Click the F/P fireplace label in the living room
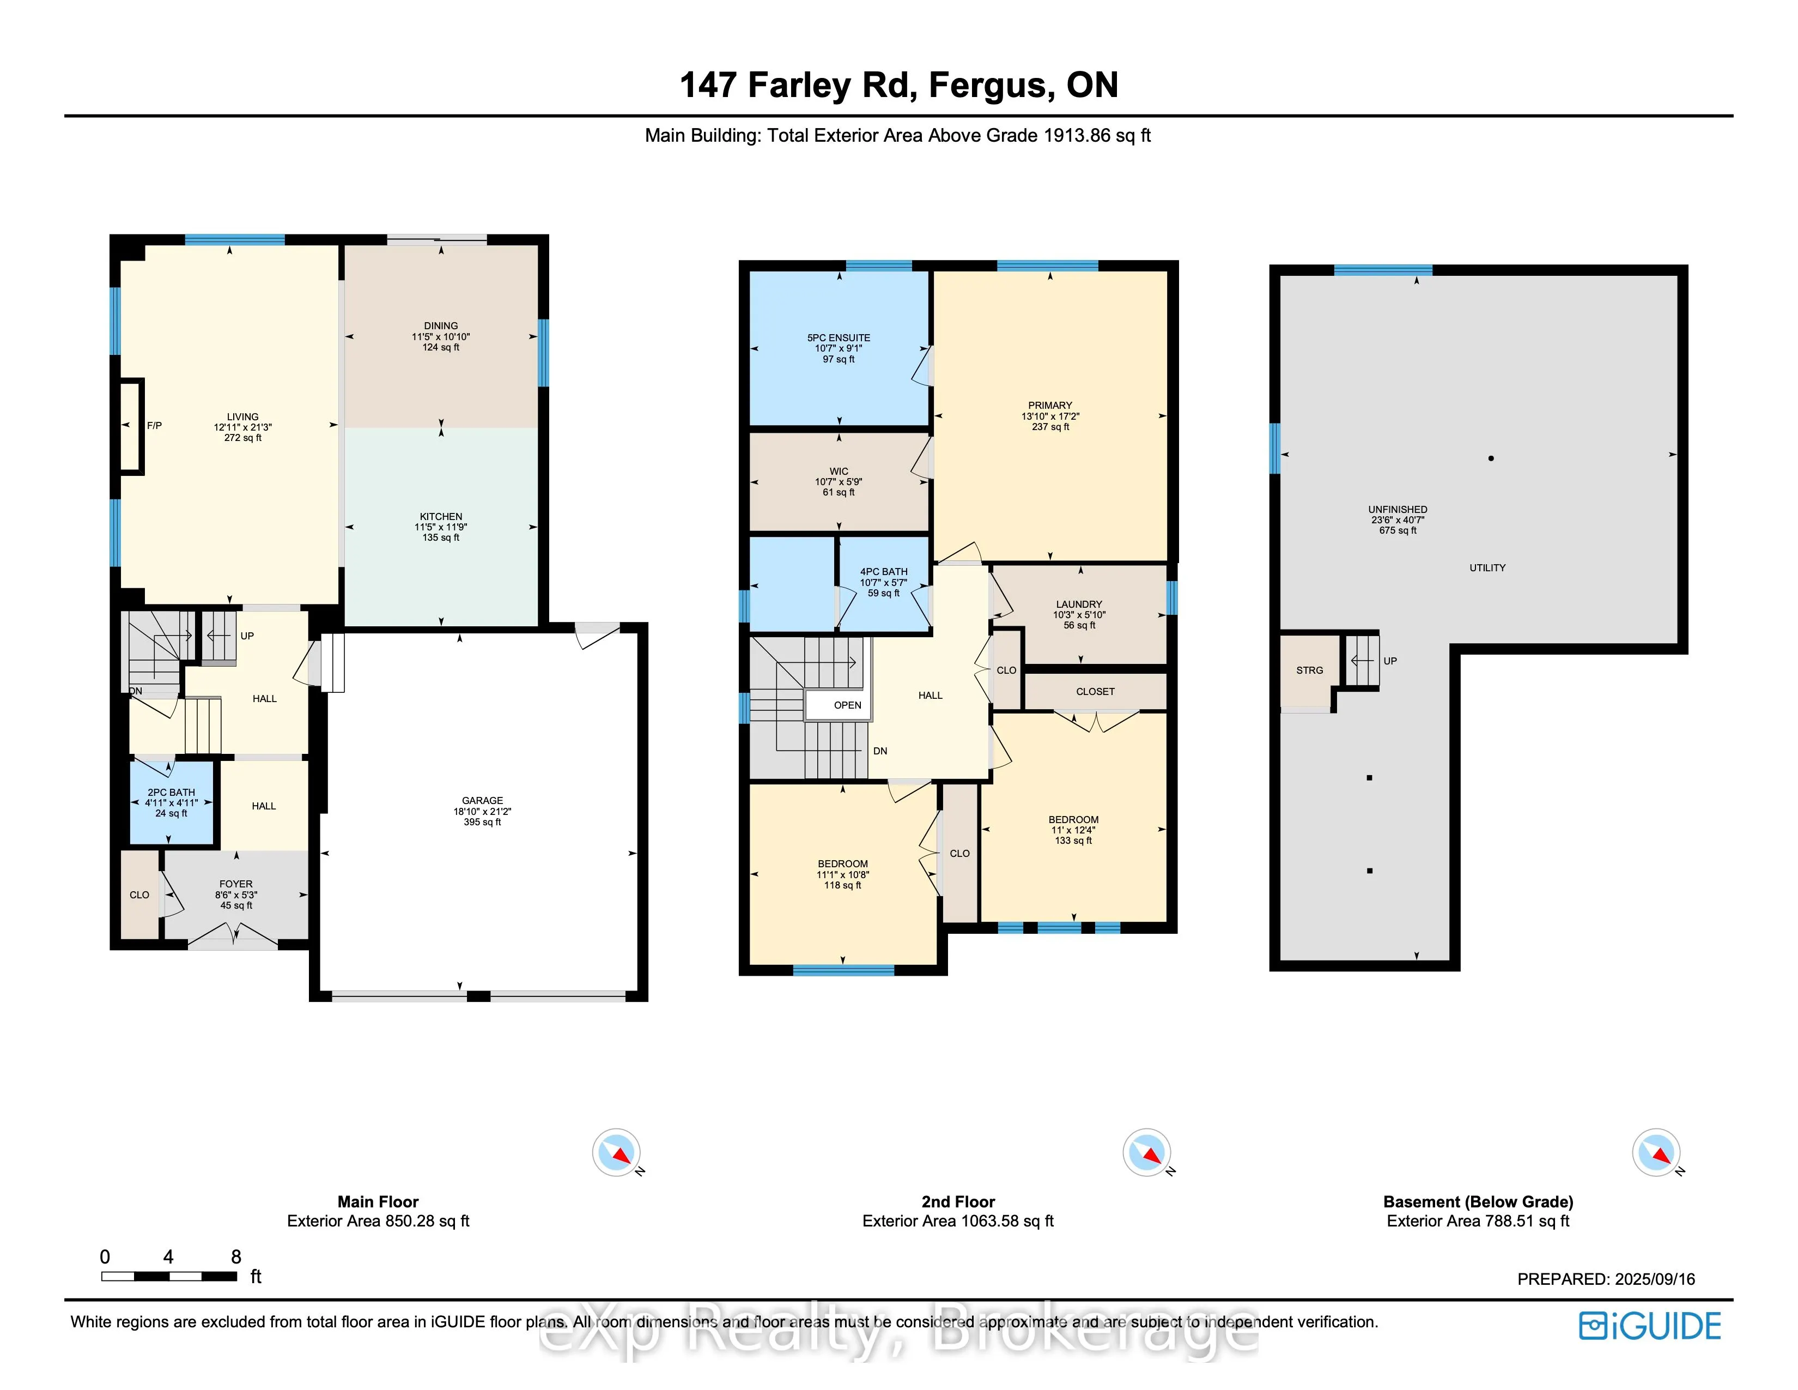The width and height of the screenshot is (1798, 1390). tap(154, 426)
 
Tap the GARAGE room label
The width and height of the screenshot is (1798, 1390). tap(482, 800)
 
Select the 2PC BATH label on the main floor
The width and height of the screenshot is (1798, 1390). tap(171, 792)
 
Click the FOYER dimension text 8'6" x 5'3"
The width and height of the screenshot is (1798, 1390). tap(236, 895)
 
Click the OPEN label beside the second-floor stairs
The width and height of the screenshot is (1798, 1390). tap(847, 706)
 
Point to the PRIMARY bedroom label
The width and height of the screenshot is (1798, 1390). tap(1050, 405)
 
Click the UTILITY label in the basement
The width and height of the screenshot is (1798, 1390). tap(1487, 567)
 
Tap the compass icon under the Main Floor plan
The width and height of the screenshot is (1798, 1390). tap(616, 1152)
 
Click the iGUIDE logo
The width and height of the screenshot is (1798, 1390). tap(1650, 1326)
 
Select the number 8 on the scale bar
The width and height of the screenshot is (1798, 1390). tap(236, 1256)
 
